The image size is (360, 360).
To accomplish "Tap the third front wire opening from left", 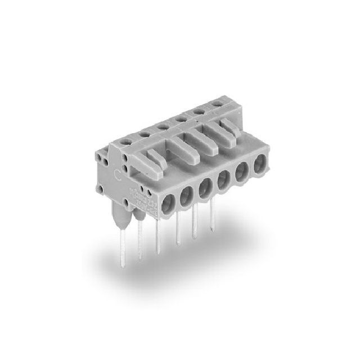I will point(205,188).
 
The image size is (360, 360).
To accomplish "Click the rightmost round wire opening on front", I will point(260,164).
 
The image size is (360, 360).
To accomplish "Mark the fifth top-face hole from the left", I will point(199,111).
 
